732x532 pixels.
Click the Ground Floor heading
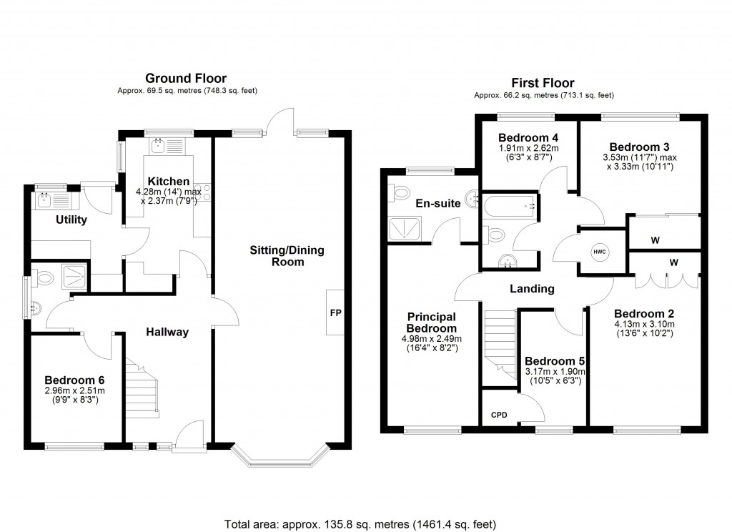pyautogui.click(x=186, y=78)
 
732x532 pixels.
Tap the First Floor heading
pyautogui.click(x=543, y=83)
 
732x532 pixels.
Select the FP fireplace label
pyautogui.click(x=336, y=313)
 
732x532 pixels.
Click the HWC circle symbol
pyautogui.click(x=600, y=252)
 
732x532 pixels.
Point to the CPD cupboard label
pyautogui.click(x=499, y=415)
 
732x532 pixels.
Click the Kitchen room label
pyautogui.click(x=169, y=181)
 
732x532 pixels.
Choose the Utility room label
pyautogui.click(x=71, y=220)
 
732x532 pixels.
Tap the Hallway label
pyautogui.click(x=167, y=332)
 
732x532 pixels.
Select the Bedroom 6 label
pyautogui.click(x=74, y=380)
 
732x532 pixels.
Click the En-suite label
pyautogui.click(x=438, y=203)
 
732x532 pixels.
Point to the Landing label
pyautogui.click(x=532, y=289)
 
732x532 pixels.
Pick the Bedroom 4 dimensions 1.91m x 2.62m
pyautogui.click(x=528, y=149)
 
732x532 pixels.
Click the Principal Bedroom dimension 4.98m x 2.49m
pyautogui.click(x=431, y=339)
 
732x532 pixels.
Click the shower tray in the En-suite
pyautogui.click(x=405, y=229)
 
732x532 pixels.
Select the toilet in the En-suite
pyautogui.click(x=400, y=192)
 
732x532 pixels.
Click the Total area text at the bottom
pyautogui.click(x=360, y=525)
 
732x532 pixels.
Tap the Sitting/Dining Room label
pyautogui.click(x=287, y=256)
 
